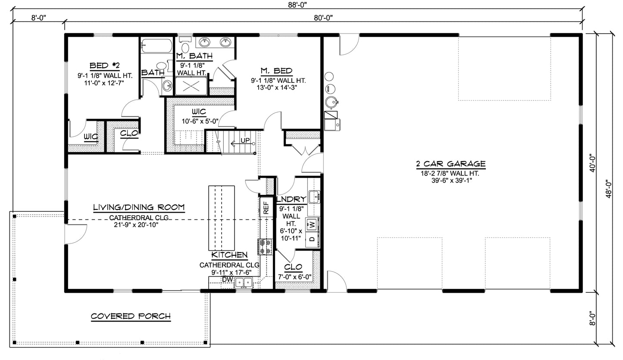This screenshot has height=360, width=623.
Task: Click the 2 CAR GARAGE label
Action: click(x=451, y=164)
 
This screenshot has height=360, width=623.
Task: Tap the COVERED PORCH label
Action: click(x=131, y=316)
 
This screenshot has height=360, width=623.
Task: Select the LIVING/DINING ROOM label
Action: click(x=139, y=207)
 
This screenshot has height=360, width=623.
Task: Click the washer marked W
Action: click(x=312, y=225)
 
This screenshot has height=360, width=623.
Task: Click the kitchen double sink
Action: click(x=244, y=283)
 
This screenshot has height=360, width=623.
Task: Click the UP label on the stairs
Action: click(x=245, y=141)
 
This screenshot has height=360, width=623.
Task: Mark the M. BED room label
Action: click(x=276, y=71)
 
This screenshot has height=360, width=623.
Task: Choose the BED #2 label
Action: click(x=104, y=66)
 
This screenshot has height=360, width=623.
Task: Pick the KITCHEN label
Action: click(x=229, y=255)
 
